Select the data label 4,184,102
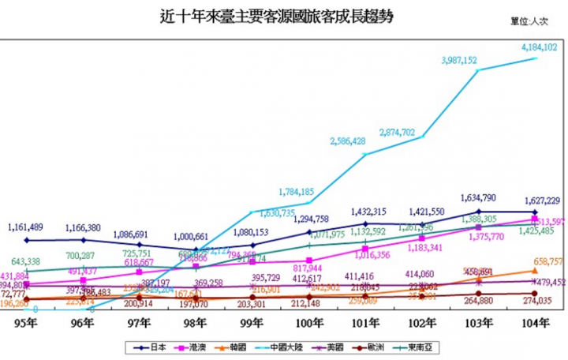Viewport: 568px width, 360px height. (540, 48)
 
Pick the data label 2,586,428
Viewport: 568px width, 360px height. (347, 141)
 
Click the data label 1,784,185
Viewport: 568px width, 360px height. (297, 192)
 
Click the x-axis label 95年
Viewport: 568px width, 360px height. (28, 324)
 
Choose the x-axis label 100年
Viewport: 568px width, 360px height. (307, 324)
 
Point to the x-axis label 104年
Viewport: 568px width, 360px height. (535, 324)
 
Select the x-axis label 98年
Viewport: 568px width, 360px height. (195, 324)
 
